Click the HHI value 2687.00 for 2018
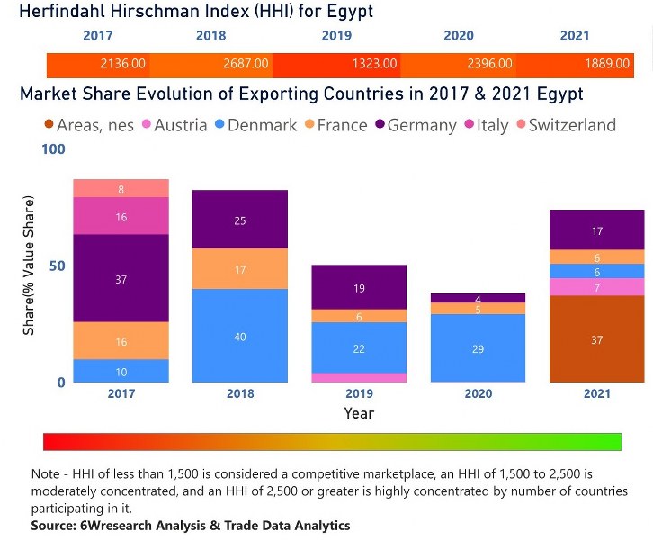coord(246,64)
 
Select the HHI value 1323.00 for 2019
coord(374,64)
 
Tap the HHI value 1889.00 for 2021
coord(606,64)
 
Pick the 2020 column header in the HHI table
coord(459,36)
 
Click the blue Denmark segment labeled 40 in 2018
coord(239,336)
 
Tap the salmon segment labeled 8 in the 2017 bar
coord(121,189)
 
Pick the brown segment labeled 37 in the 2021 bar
coord(597,339)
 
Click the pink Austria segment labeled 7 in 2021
coord(597,287)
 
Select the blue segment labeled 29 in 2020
coord(478,347)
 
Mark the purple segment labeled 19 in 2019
coord(358,288)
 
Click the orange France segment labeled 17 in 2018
coord(239,269)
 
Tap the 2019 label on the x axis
coord(358,393)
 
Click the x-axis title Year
coord(358,413)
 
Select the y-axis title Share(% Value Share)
coord(29,266)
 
